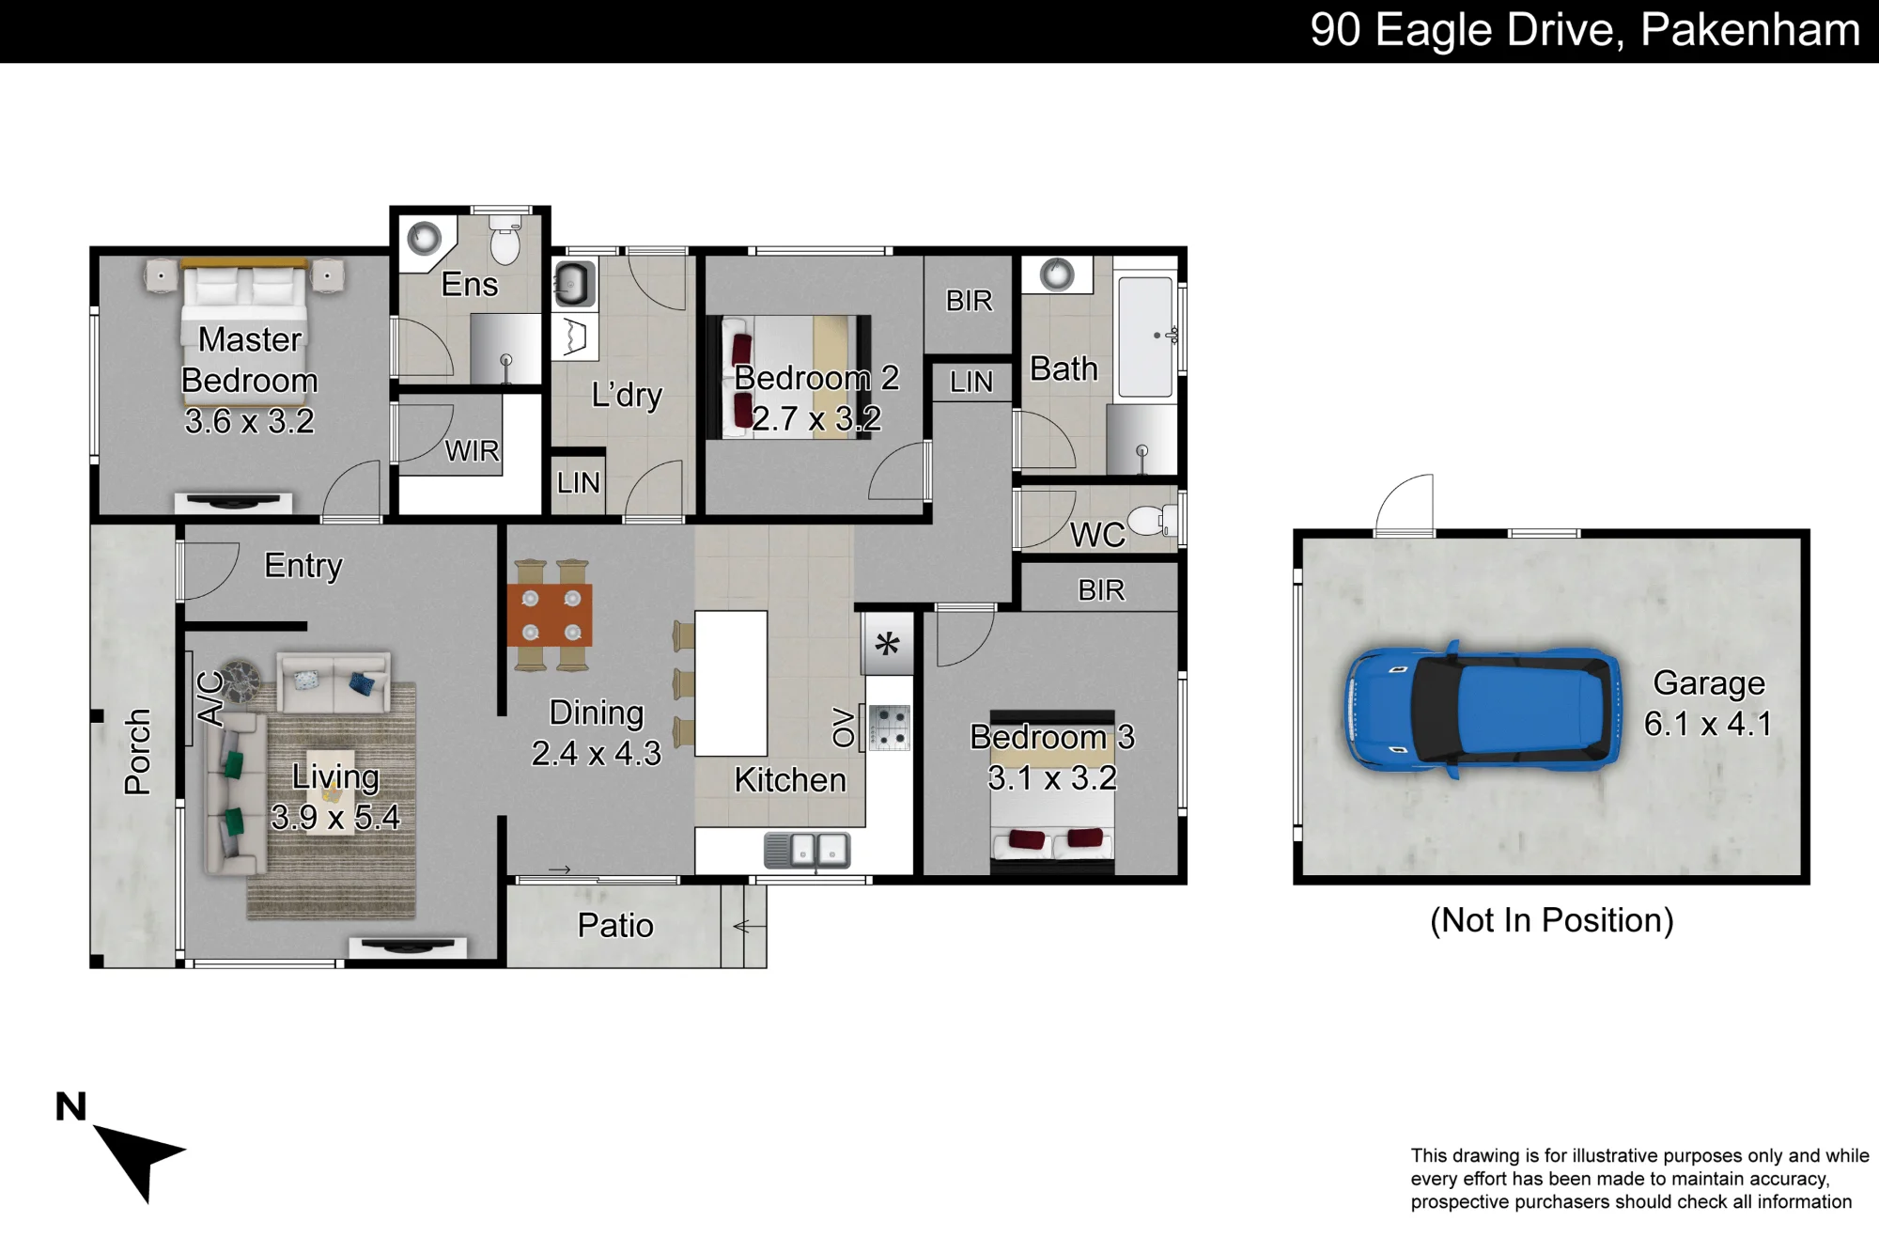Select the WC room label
[x=1097, y=535]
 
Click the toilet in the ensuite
[x=505, y=241]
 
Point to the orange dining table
[x=550, y=615]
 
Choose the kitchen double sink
[x=807, y=850]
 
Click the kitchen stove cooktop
[x=889, y=728]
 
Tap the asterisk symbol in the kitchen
[x=887, y=644]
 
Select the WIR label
[x=472, y=451]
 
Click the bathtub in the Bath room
[x=1146, y=336]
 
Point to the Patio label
[x=615, y=926]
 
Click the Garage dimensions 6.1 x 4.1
[x=1708, y=724]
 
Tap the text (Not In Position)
[x=1552, y=920]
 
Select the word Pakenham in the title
[x=1750, y=30]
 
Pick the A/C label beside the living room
[x=211, y=698]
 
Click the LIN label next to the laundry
[x=578, y=483]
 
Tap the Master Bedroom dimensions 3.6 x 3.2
[x=250, y=421]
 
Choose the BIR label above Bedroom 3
[x=1101, y=590]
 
